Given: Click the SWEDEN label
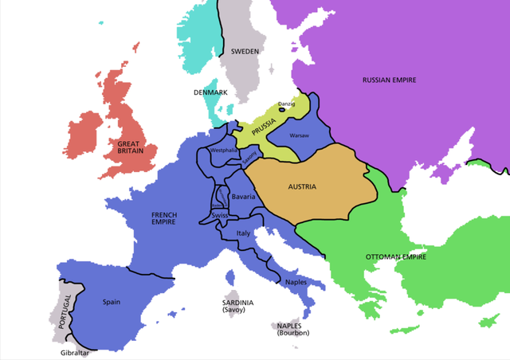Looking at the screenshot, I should (245, 51).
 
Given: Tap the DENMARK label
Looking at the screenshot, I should (210, 92).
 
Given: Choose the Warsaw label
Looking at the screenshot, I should (300, 135).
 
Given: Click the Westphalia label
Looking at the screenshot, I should (223, 150).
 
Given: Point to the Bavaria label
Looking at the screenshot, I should (242, 196).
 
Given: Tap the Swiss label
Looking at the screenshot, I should (221, 216).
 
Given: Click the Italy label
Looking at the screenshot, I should (245, 233).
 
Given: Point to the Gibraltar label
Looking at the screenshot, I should (75, 353).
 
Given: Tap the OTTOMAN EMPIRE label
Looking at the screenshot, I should (396, 257).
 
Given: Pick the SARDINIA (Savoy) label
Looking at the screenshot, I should (237, 307).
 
